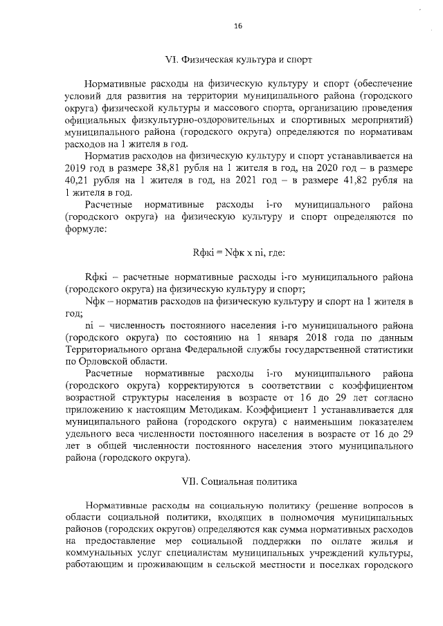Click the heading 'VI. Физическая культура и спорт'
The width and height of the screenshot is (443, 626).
click(x=237, y=59)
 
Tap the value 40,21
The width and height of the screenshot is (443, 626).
click(x=82, y=181)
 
